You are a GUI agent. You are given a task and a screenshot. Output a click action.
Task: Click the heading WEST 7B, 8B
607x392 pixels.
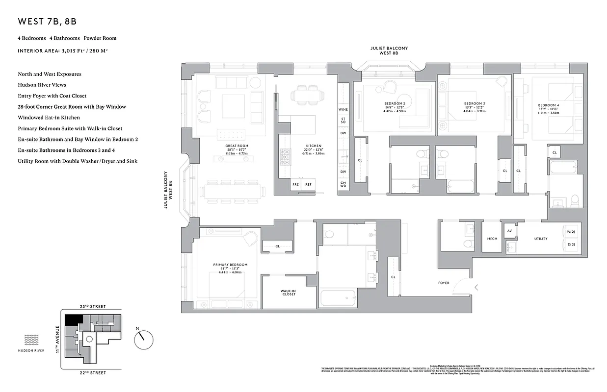[47, 22]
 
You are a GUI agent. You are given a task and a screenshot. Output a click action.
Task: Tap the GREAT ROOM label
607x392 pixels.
[237, 146]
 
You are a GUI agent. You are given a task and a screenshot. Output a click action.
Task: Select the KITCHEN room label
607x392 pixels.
[314, 146]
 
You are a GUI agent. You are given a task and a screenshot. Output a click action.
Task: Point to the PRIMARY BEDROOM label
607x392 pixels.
[230, 265]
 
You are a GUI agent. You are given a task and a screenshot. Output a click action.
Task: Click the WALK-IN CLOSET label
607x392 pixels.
[288, 293]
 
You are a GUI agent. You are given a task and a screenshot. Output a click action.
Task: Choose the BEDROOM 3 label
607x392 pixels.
[474, 103]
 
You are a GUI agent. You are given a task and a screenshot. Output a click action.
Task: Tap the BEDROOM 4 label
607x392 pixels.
[548, 105]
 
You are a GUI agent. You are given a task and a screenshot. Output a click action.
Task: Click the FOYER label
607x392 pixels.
[444, 283]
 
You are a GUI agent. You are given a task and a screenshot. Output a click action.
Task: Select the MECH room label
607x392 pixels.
[492, 239]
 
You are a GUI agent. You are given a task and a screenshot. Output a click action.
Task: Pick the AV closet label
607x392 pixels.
[509, 231]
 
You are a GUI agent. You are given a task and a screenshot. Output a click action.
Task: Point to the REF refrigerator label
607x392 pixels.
[308, 185]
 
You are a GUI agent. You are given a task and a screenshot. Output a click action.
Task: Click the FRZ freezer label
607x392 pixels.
[295, 185]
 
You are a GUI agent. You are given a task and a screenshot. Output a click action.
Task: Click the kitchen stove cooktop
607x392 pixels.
[285, 157]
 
